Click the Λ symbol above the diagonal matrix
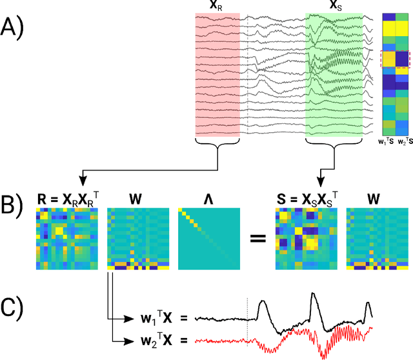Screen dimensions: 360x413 click(x=205, y=199)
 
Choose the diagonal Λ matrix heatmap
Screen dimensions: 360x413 click(x=205, y=239)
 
